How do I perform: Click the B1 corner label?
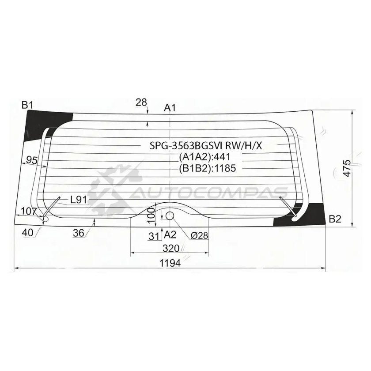pyautogui.click(x=27, y=105)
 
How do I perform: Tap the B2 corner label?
pyautogui.click(x=335, y=220)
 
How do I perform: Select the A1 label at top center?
pyautogui.click(x=170, y=108)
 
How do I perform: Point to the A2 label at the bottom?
pyautogui.click(x=170, y=235)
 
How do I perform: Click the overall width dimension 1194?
pyautogui.click(x=170, y=263)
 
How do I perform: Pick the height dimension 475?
pyautogui.click(x=347, y=168)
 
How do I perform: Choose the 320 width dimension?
pyautogui.click(x=171, y=248)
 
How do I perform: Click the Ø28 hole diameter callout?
pyautogui.click(x=199, y=235)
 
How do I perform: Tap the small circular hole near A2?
pyautogui.click(x=170, y=216)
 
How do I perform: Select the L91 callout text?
pyautogui.click(x=79, y=200)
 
